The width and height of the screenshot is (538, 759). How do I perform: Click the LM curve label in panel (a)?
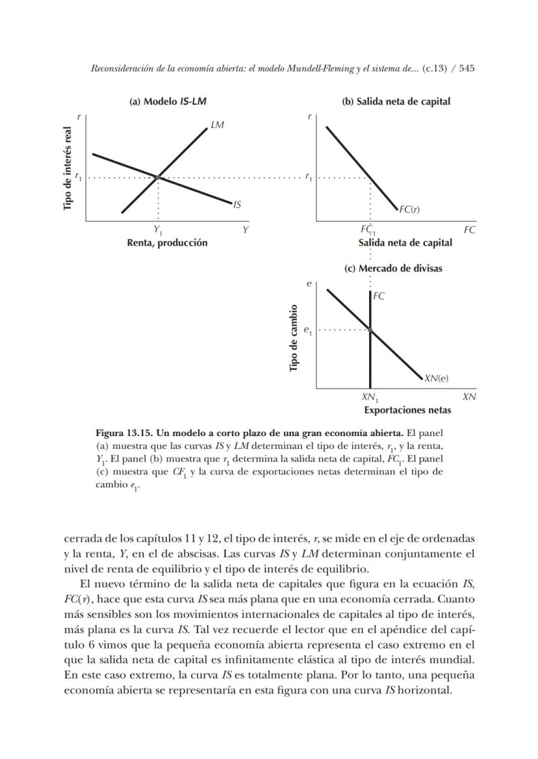(x=218, y=125)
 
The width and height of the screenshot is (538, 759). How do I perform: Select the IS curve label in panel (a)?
(x=237, y=204)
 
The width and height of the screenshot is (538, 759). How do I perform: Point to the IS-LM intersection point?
(x=158, y=176)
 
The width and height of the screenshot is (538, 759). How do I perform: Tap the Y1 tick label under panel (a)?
(x=158, y=230)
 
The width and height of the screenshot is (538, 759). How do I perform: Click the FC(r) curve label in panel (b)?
(x=409, y=209)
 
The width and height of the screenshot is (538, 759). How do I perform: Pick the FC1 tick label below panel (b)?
(x=368, y=230)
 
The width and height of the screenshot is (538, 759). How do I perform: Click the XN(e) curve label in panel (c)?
(x=436, y=378)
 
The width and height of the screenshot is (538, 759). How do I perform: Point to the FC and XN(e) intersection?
(x=370, y=330)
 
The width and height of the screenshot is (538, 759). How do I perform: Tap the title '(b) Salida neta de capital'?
(x=396, y=101)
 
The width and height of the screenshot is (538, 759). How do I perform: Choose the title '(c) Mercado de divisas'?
(x=393, y=268)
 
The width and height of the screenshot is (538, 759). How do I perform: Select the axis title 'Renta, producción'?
(x=167, y=242)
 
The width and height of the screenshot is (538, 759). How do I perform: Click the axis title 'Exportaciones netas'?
(x=407, y=410)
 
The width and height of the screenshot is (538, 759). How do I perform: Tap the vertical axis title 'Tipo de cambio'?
(x=294, y=338)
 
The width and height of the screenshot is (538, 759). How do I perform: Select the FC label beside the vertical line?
(x=379, y=296)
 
